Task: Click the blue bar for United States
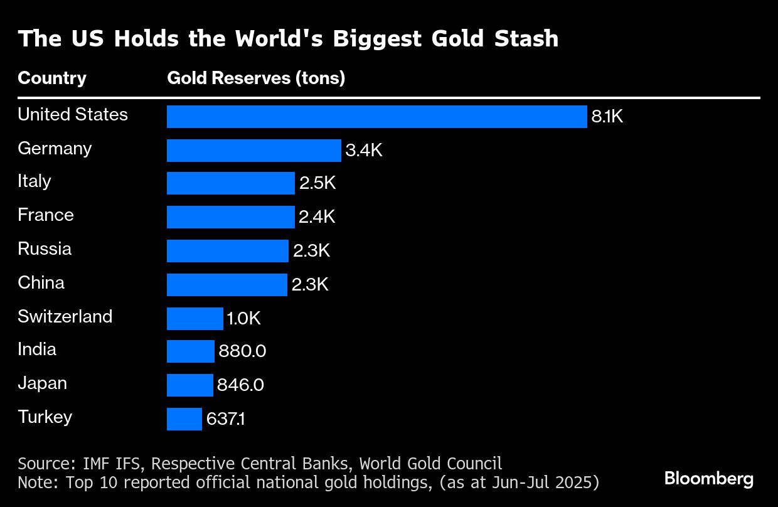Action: click(376, 117)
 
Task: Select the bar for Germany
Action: click(253, 151)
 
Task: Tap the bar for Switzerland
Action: click(194, 319)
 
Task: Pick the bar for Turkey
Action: click(184, 419)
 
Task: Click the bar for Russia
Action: click(227, 251)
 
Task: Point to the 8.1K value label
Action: click(607, 117)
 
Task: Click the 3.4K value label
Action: click(363, 151)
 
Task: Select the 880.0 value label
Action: click(242, 351)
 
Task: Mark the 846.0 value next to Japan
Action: click(240, 385)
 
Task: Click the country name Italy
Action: click(35, 181)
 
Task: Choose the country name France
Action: click(46, 215)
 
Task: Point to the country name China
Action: click(41, 283)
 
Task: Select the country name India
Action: click(37, 350)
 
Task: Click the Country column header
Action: click(52, 78)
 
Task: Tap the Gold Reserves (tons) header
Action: click(256, 78)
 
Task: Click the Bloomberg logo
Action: click(709, 479)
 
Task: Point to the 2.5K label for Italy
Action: click(317, 184)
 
